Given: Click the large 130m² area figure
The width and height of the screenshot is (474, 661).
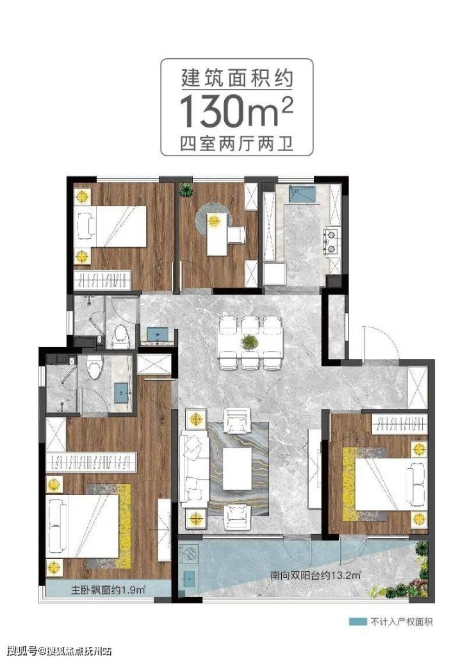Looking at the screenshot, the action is click(x=236, y=111).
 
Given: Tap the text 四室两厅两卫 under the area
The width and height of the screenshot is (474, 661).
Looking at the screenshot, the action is click(x=236, y=143).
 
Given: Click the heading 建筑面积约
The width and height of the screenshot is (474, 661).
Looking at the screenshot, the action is click(x=236, y=78).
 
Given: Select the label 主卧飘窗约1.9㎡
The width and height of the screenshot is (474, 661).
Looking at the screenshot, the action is click(x=108, y=589).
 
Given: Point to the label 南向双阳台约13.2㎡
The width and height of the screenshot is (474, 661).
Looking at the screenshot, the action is click(x=316, y=575).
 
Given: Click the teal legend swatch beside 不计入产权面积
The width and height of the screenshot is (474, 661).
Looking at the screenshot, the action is click(x=357, y=622).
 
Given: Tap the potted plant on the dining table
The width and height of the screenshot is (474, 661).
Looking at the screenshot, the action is click(x=249, y=341).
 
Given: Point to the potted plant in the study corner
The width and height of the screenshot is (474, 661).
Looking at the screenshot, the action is click(x=186, y=190).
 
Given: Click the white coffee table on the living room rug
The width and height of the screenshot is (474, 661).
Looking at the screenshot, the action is click(x=237, y=468).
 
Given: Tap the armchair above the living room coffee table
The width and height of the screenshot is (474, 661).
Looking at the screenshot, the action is click(x=237, y=420).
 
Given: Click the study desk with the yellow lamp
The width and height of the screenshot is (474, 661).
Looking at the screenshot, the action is click(x=217, y=234).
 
